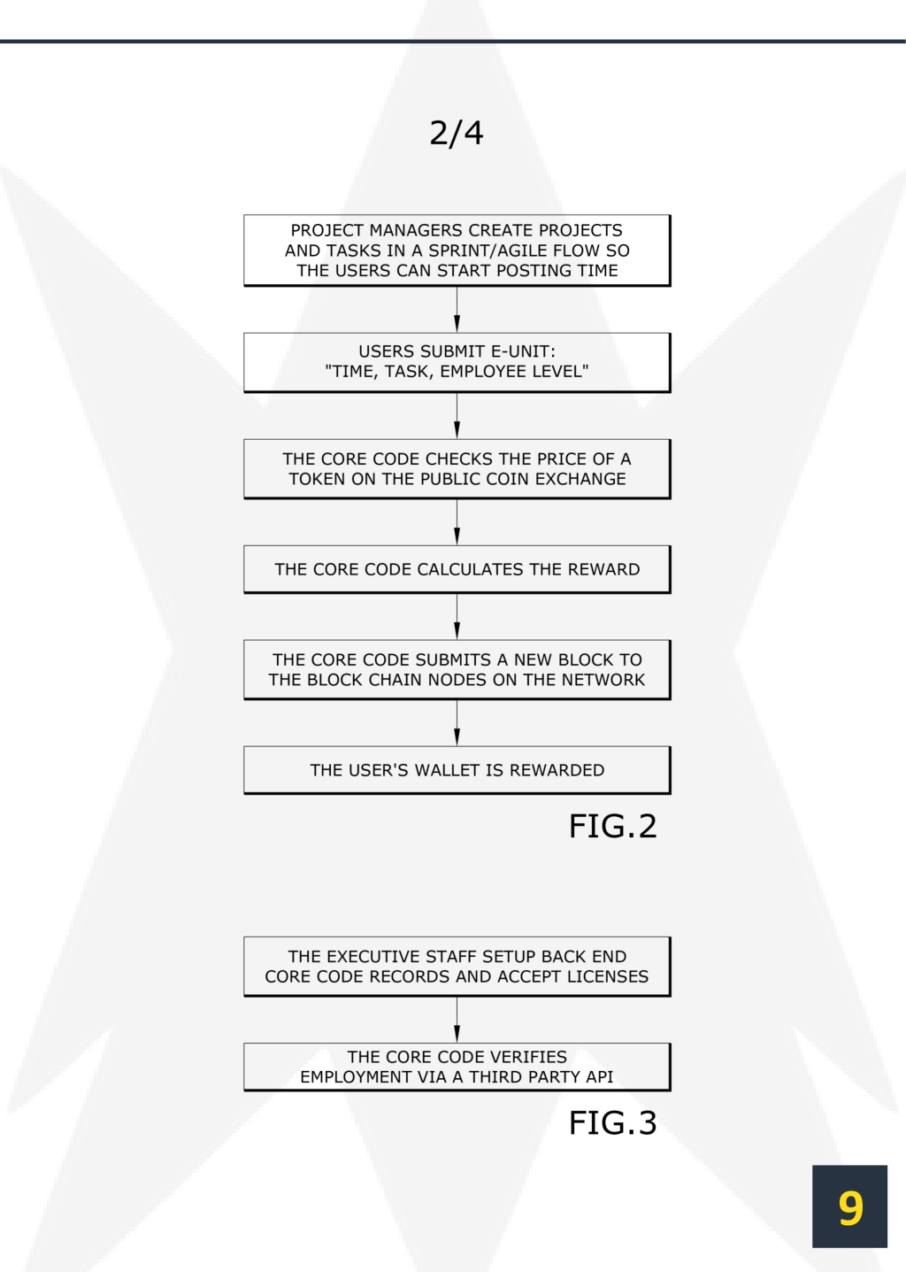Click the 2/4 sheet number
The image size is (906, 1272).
pos(457,133)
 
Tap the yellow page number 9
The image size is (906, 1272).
pos(849,1208)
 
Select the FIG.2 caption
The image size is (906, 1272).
pos(612,826)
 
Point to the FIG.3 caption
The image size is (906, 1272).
pos(612,1122)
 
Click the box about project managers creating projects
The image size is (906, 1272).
pos(457,251)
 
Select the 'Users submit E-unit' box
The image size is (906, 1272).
pos(457,362)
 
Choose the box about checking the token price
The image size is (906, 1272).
pos(457,469)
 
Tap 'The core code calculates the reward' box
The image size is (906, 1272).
pos(457,569)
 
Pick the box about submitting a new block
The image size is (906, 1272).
pos(457,670)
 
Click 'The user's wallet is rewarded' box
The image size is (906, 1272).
pos(457,770)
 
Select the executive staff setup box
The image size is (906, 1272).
pos(457,967)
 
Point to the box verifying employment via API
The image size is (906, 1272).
pos(457,1067)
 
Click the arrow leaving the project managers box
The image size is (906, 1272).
pos(457,310)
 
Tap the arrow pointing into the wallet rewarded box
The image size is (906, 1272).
pos(457,723)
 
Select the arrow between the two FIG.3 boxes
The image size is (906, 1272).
pos(457,1020)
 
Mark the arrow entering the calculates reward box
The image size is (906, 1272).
pos(457,522)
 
